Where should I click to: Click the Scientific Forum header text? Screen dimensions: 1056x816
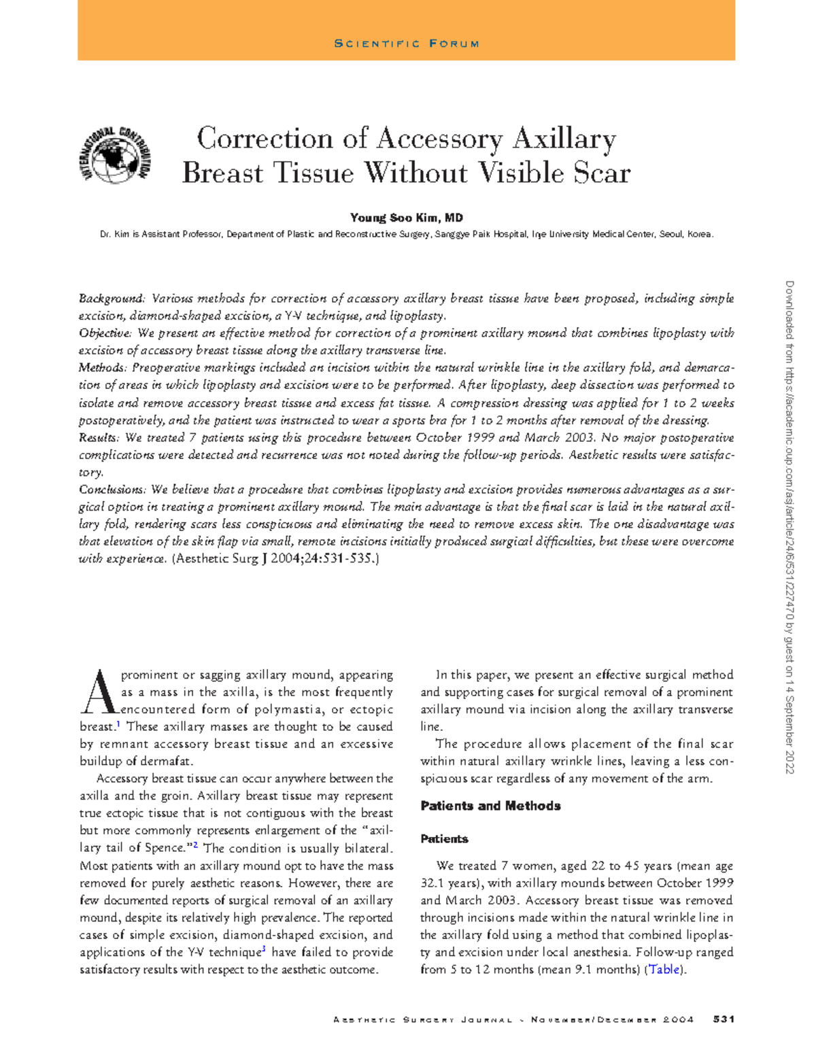coord(407,44)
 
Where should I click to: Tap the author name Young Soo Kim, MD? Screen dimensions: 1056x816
coord(406,218)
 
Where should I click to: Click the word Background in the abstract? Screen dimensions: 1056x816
coord(112,299)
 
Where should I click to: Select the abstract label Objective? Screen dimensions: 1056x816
coord(105,333)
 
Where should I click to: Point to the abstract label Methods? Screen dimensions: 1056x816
coord(103,368)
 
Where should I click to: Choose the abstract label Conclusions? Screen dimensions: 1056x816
coord(112,490)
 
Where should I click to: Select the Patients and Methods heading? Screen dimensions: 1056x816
coord(490,806)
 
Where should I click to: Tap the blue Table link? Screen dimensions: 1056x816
coord(664,970)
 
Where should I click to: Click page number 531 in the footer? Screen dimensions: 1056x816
coord(723,1019)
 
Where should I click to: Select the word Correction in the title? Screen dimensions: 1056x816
coord(265,139)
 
